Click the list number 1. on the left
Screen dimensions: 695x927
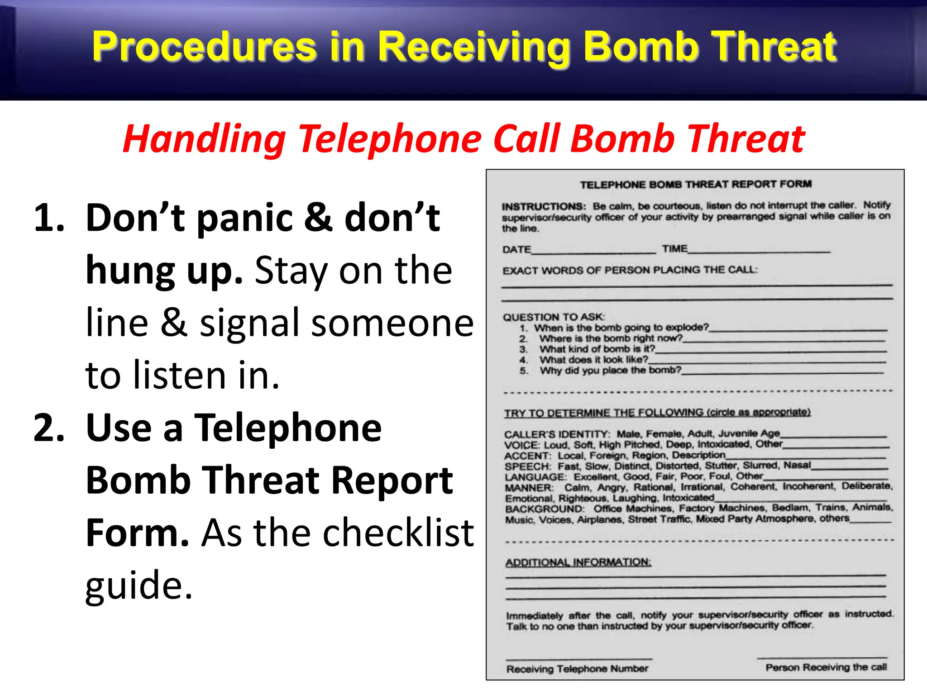pyautogui.click(x=49, y=218)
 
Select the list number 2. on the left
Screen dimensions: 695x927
pyautogui.click(x=49, y=428)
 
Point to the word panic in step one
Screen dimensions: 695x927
pyautogui.click(x=246, y=218)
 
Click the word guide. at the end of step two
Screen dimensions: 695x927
pyautogui.click(x=139, y=585)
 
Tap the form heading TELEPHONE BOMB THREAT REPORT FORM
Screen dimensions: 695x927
pyautogui.click(x=696, y=184)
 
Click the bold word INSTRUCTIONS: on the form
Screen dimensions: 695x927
pyautogui.click(x=544, y=207)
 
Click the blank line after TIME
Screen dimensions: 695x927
pyautogui.click(x=759, y=250)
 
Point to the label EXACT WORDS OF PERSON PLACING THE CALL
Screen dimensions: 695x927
pyautogui.click(x=630, y=270)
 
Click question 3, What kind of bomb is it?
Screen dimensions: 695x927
pyautogui.click(x=597, y=349)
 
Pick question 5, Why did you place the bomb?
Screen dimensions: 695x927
pyautogui.click(x=610, y=370)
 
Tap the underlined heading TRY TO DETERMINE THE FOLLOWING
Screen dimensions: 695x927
pyautogui.click(x=657, y=413)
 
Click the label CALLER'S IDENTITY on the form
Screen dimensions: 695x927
pyautogui.click(x=557, y=434)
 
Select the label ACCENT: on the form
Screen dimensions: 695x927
pyautogui.click(x=527, y=456)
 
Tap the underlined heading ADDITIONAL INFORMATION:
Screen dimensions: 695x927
pyautogui.click(x=578, y=562)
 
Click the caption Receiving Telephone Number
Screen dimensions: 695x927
pyautogui.click(x=577, y=669)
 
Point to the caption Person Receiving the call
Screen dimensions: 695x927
pyautogui.click(x=826, y=667)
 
